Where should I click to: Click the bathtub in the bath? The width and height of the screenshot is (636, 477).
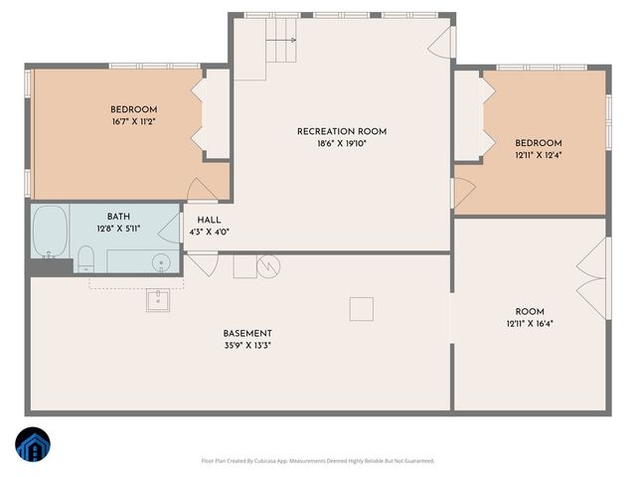tap(49, 231)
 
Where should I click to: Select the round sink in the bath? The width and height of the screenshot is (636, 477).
tap(160, 263)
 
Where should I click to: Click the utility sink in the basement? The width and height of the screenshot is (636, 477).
tap(158, 299)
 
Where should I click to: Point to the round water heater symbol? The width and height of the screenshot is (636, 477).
tap(269, 265)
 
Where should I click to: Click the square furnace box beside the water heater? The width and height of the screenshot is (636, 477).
tap(244, 266)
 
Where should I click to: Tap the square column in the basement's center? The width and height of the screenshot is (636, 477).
tap(360, 309)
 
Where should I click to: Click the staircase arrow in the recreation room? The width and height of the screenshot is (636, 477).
tap(287, 41)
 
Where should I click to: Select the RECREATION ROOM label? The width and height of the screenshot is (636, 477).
tap(341, 131)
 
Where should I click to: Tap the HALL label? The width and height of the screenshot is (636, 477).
tap(209, 221)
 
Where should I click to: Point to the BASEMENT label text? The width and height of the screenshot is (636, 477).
tap(246, 333)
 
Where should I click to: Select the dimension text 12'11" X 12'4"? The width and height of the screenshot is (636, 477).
tap(538, 155)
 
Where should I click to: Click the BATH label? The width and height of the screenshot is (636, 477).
tap(118, 216)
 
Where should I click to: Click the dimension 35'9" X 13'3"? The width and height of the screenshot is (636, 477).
tap(246, 345)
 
